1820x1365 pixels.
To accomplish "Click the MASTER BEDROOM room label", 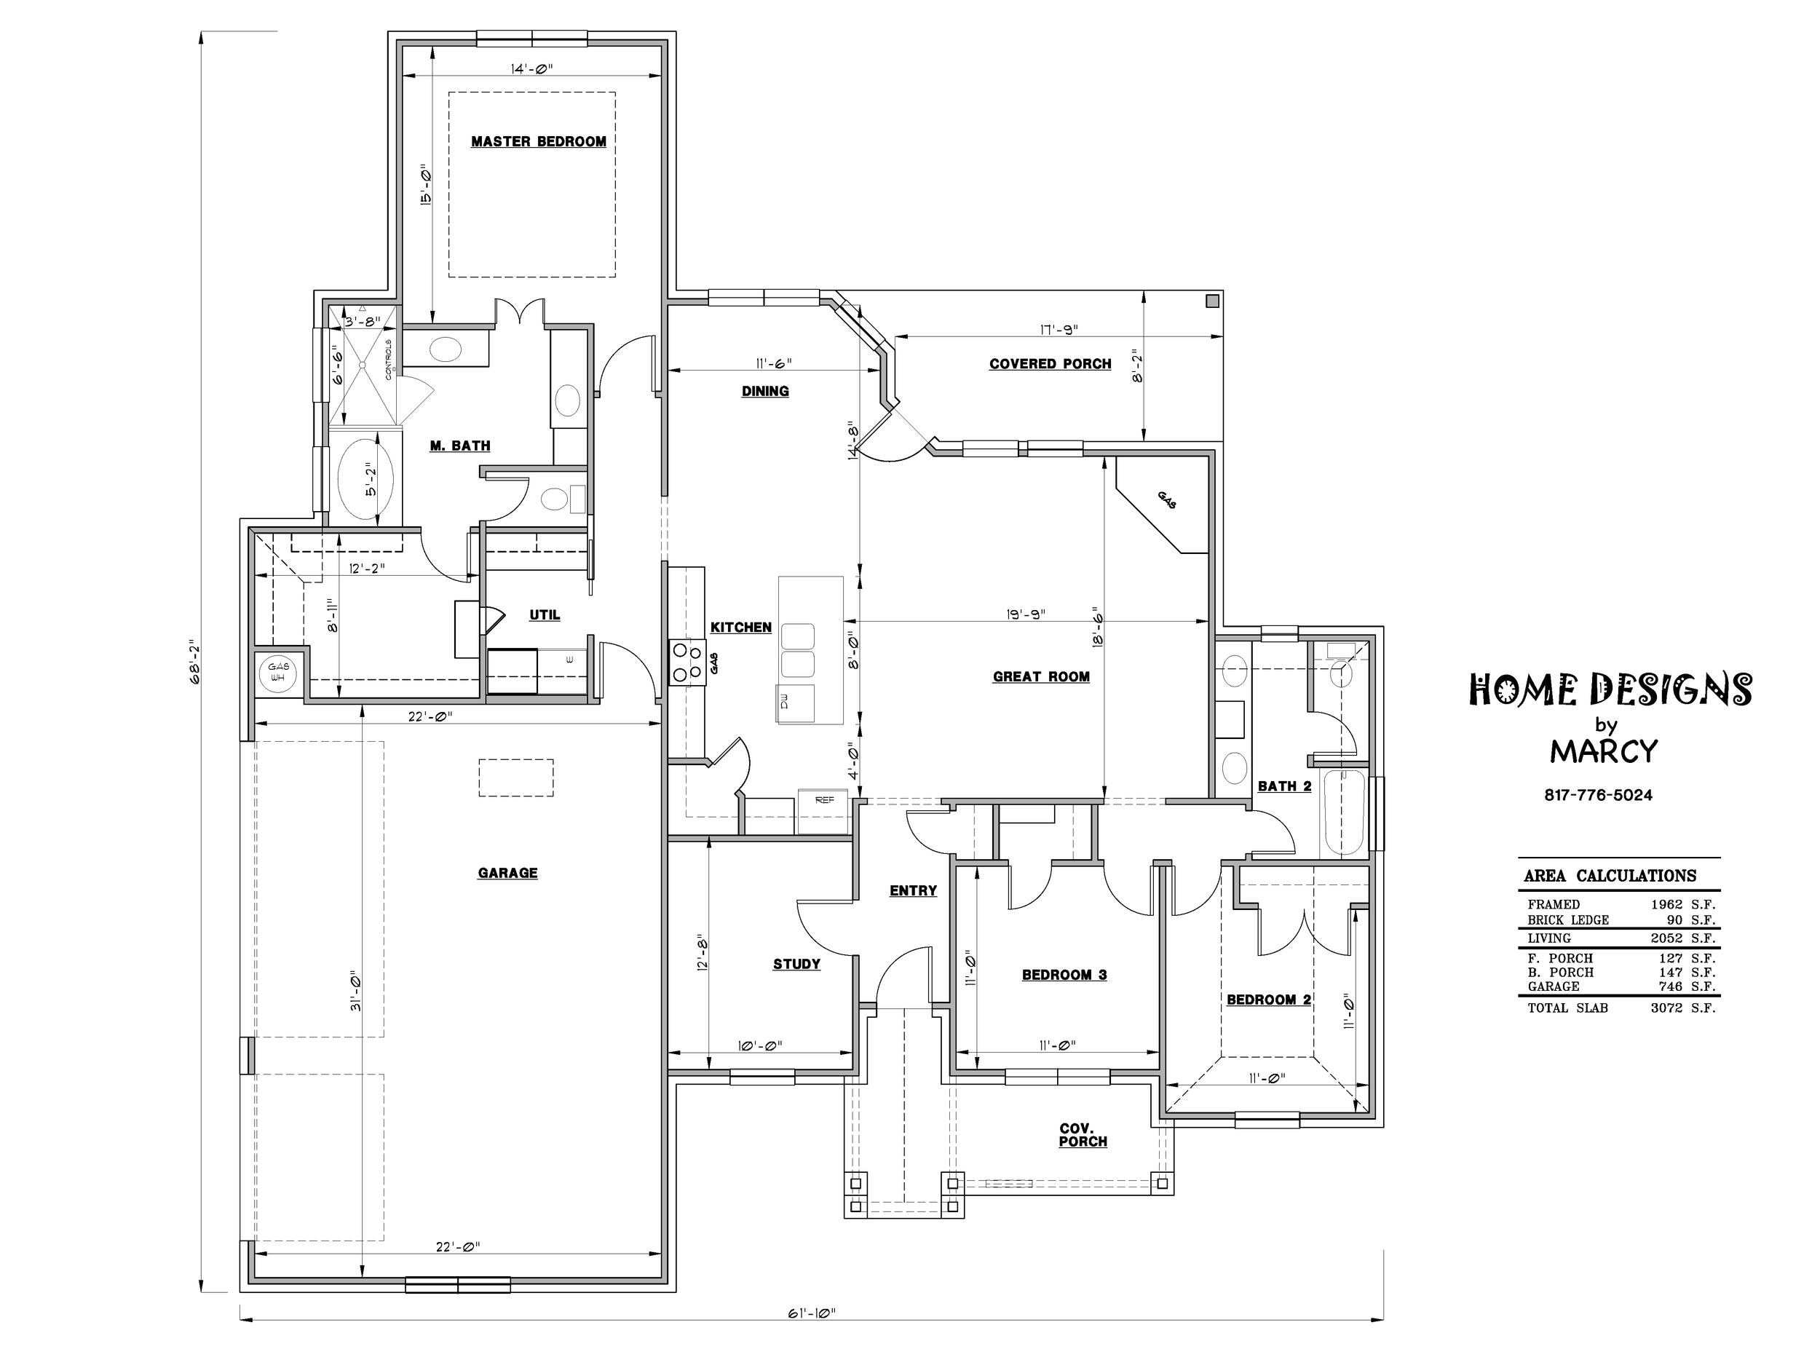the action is pos(538,141).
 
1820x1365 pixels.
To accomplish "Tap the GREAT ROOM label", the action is pos(1041,676).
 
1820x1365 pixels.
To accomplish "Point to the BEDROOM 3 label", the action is pos(1064,975).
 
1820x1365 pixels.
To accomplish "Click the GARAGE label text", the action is pos(507,873).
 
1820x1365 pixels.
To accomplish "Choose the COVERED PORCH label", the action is pos(1050,364).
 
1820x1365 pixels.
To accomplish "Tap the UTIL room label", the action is pos(545,614).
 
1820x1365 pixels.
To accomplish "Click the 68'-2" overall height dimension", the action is pos(195,662).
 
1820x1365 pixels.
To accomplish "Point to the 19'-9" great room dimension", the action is pos(1025,614).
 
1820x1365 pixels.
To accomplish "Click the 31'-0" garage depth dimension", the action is pos(355,994).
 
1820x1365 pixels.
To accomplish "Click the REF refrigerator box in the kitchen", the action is pos(823,811).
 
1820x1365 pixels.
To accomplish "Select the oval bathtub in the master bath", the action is pos(366,479).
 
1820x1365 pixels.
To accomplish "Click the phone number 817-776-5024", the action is pos(1598,796).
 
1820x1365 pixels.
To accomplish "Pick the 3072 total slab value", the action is pos(1666,1008).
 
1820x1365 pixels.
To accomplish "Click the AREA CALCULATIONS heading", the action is pos(1610,876).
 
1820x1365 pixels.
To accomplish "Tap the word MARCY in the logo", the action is pos(1604,751).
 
